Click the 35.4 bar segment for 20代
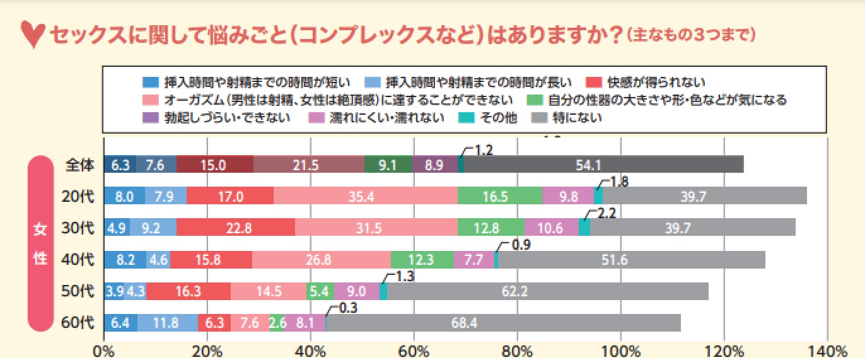pyautogui.click(x=365, y=196)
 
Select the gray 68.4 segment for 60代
pyautogui.click(x=503, y=323)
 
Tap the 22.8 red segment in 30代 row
pyautogui.click(x=236, y=228)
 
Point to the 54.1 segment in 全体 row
pyautogui.click(x=603, y=165)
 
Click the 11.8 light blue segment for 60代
pyautogui.click(x=167, y=323)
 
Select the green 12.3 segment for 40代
pyautogui.click(x=422, y=259)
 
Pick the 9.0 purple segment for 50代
pyautogui.click(x=357, y=291)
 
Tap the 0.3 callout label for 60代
pyautogui.click(x=348, y=308)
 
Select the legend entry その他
pyautogui.click(x=498, y=117)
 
